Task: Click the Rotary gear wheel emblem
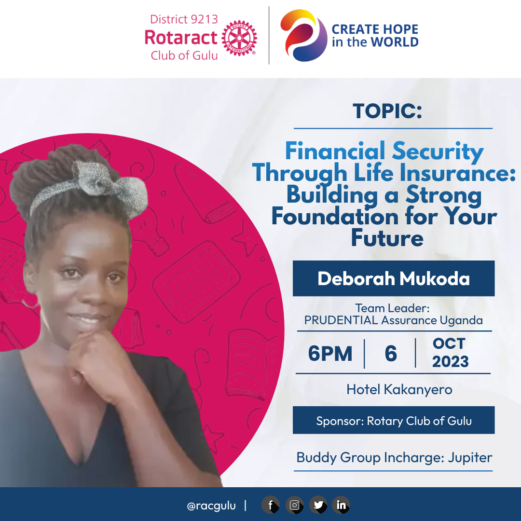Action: (239, 39)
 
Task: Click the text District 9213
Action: (184, 20)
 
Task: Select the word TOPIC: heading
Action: (387, 111)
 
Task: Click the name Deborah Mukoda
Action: (393, 279)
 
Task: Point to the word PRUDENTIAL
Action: (341, 320)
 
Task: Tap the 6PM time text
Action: (330, 354)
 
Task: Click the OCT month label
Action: (449, 343)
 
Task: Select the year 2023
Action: (450, 361)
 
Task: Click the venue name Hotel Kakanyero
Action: (399, 389)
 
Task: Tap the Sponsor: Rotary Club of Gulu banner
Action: (394, 421)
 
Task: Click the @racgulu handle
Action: (211, 506)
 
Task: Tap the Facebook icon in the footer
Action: (271, 505)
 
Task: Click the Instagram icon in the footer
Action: (294, 505)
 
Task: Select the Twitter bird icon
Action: (318, 505)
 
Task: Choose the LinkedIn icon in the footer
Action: (341, 505)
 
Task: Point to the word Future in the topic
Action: (387, 238)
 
